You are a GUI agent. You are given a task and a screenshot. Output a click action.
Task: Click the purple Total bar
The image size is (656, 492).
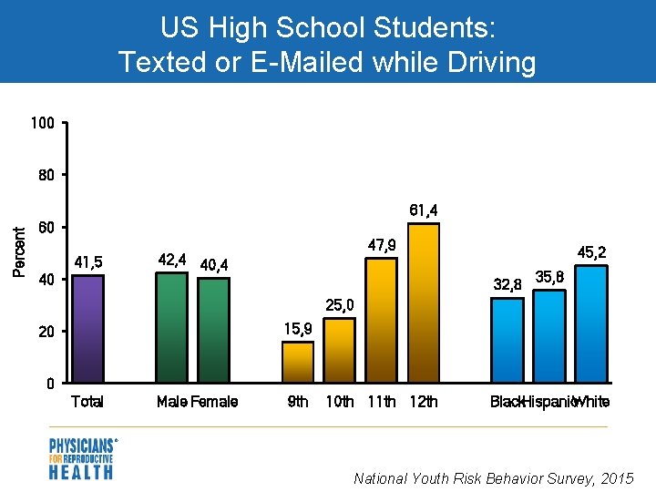pos(88,328)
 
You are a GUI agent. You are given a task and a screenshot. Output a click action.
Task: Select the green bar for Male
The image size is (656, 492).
pos(171,326)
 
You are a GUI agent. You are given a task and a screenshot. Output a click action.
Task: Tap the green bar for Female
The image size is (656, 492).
pos(214,329)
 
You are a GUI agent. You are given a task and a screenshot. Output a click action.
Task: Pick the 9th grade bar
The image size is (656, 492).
pos(297,362)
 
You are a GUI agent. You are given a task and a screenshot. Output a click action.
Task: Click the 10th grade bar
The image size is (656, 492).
pos(339,350)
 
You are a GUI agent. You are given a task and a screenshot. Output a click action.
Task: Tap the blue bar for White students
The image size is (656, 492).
pos(590,323)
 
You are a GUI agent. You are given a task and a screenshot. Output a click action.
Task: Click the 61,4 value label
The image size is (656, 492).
pos(423,210)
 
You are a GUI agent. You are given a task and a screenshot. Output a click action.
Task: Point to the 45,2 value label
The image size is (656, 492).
pos(592,251)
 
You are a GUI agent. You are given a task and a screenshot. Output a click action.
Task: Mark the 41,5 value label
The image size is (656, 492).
pos(88,262)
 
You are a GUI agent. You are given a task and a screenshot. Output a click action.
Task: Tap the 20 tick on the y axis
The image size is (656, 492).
pos(46,333)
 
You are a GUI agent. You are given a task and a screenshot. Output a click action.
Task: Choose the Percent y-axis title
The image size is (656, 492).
pos(19,251)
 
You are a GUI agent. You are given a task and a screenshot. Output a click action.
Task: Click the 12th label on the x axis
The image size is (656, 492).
pos(424,402)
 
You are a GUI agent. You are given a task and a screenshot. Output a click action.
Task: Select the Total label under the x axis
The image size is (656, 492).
pos(87,402)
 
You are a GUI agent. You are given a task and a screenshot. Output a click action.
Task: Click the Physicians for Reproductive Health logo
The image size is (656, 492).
pos(82,458)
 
